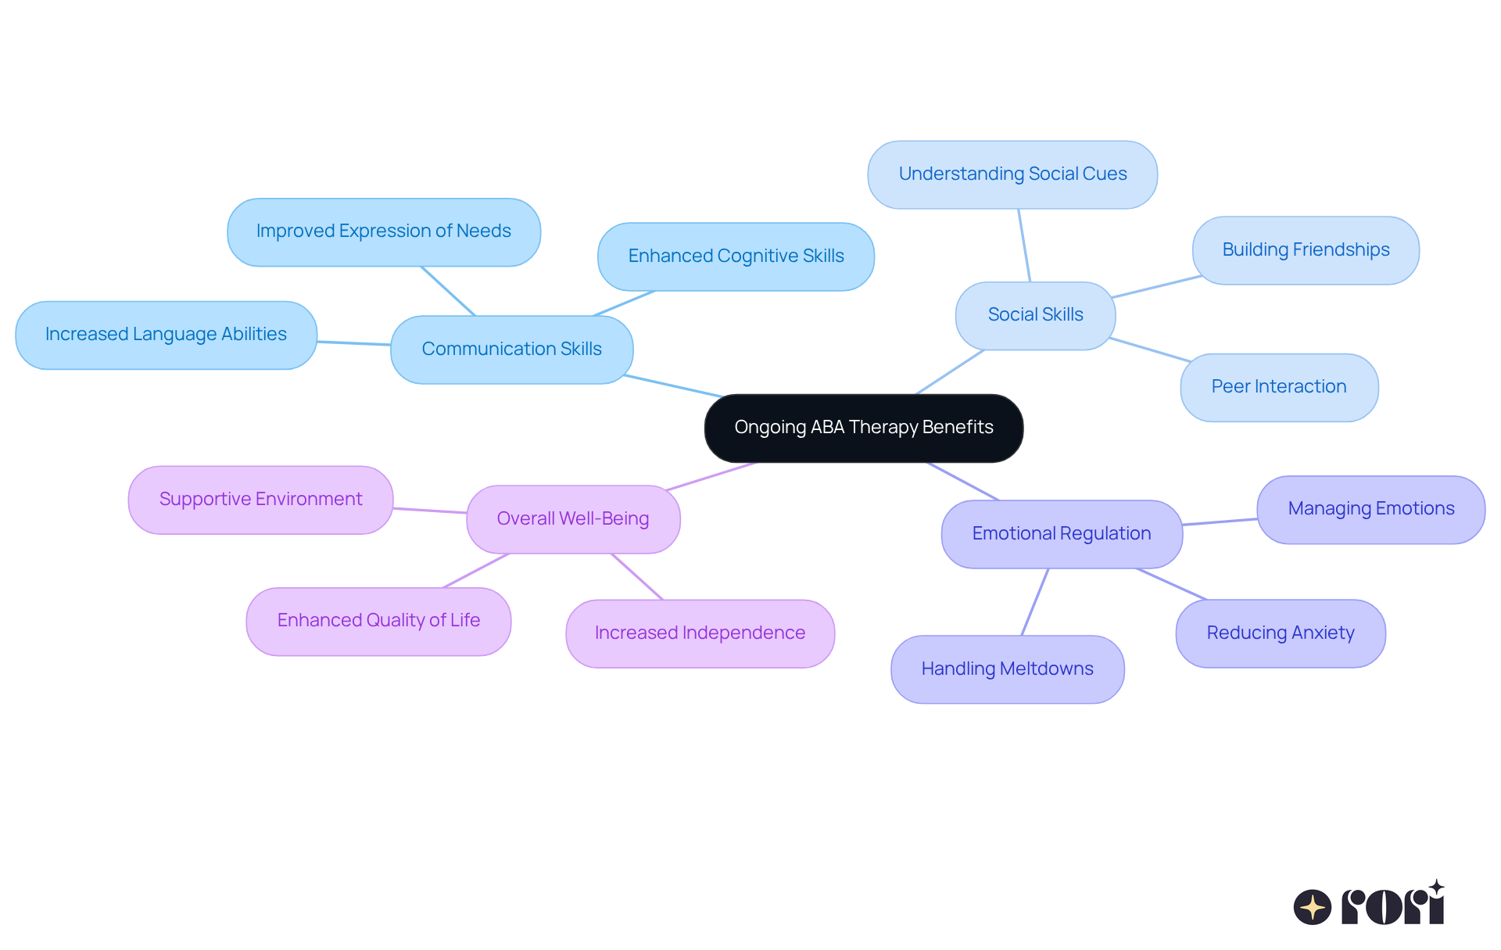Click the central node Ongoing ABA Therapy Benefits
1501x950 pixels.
point(863,428)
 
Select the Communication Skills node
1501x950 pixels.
point(511,350)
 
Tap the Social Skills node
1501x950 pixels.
point(1035,315)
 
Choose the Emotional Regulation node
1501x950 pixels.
point(1061,534)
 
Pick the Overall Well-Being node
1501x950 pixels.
point(573,519)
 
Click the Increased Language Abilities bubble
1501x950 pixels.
point(166,335)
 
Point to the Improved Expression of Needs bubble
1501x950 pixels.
point(383,231)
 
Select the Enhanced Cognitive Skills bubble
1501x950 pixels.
point(736,256)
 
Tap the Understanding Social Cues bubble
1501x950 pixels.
point(1012,174)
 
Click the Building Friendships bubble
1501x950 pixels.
point(1306,250)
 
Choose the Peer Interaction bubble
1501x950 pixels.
point(1279,387)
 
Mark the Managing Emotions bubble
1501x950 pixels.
point(1370,509)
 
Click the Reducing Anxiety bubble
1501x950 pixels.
point(1281,633)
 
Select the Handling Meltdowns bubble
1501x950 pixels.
point(1007,669)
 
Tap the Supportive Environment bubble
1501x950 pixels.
point(260,500)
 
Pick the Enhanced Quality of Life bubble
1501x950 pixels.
point(378,621)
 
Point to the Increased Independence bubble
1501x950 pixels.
point(700,633)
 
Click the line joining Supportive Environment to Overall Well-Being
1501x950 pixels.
point(430,511)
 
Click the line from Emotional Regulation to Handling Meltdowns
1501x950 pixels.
point(1034,602)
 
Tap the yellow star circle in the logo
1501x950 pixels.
point(1312,907)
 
